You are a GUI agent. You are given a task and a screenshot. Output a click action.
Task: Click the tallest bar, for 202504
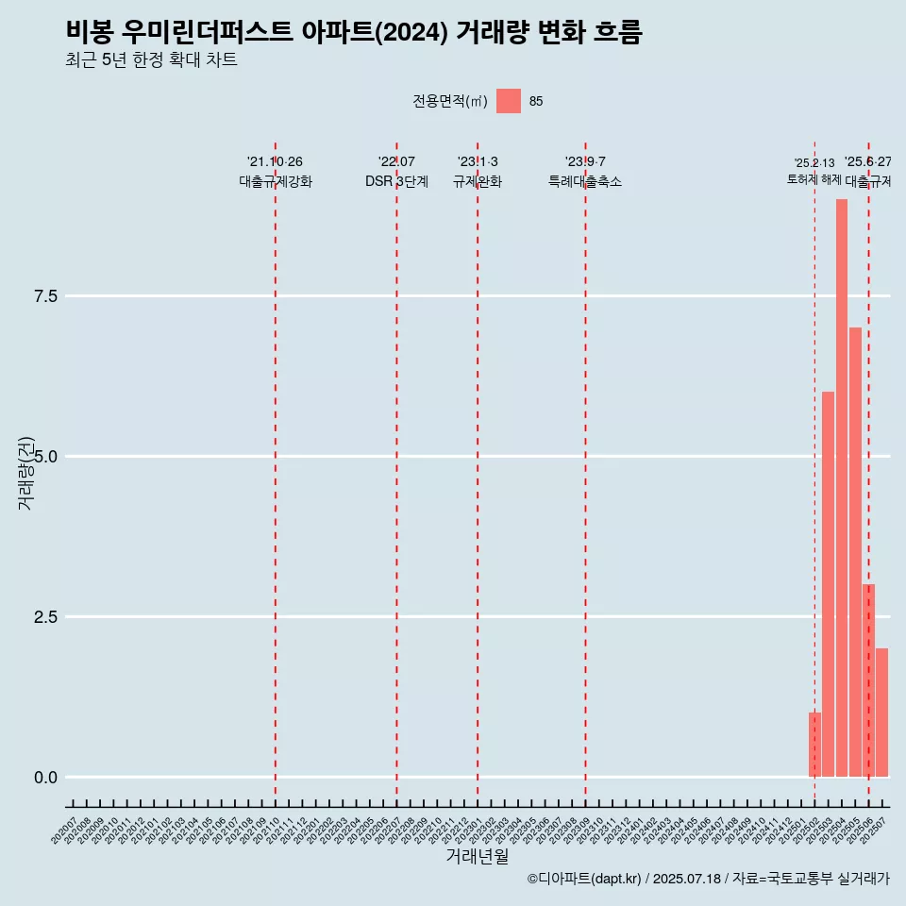[x=841, y=488]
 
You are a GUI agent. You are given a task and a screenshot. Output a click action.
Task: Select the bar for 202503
[x=828, y=584]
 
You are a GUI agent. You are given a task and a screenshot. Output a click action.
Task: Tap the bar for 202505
[x=855, y=552]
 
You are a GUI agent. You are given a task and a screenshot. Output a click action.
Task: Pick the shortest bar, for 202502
[x=814, y=745]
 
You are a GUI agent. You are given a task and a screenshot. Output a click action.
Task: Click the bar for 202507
[x=881, y=713]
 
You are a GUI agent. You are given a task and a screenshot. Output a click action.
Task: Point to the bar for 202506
[x=868, y=680]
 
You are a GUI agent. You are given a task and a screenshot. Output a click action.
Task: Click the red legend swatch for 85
[x=509, y=101]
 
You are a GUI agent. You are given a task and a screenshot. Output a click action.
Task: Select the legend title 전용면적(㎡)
[x=450, y=101]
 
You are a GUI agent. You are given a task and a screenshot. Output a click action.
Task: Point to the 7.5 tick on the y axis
[x=46, y=296]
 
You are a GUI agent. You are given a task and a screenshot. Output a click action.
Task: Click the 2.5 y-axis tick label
[x=46, y=617]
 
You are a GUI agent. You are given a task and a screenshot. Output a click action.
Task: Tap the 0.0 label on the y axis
[x=46, y=778]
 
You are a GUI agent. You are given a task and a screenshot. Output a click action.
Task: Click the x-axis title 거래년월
[x=478, y=856]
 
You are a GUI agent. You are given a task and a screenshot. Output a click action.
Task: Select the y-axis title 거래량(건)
[x=26, y=473]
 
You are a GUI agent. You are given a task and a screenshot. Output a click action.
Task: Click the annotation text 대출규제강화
[x=275, y=181]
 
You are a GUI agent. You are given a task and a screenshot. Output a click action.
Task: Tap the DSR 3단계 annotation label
[x=396, y=181]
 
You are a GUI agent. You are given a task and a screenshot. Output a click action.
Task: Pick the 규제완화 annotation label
[x=478, y=181]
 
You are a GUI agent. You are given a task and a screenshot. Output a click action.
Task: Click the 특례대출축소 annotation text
[x=585, y=181]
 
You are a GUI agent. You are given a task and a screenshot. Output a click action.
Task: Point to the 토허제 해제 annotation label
[x=814, y=179]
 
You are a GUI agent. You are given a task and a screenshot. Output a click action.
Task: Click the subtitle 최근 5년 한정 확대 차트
[x=151, y=60]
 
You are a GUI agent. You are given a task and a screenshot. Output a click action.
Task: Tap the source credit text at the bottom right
[x=708, y=879]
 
